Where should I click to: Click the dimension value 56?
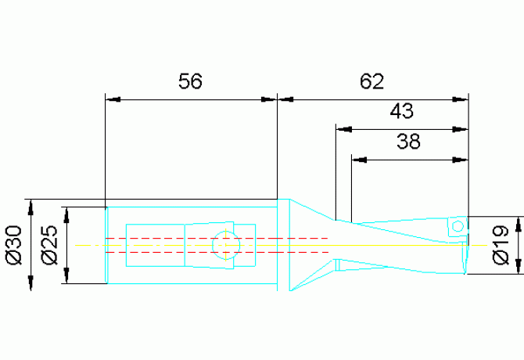[190, 81]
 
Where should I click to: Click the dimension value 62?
[372, 81]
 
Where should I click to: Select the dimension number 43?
[401, 112]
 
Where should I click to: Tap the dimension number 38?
[408, 142]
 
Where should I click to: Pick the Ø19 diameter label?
[502, 245]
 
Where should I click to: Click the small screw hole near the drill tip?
[458, 227]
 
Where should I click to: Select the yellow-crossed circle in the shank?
[225, 245]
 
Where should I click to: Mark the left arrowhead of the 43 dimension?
[342, 128]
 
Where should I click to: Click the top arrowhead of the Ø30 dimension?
[31, 206]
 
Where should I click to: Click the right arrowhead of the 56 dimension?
[271, 99]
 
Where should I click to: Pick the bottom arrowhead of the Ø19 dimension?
[519, 269]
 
